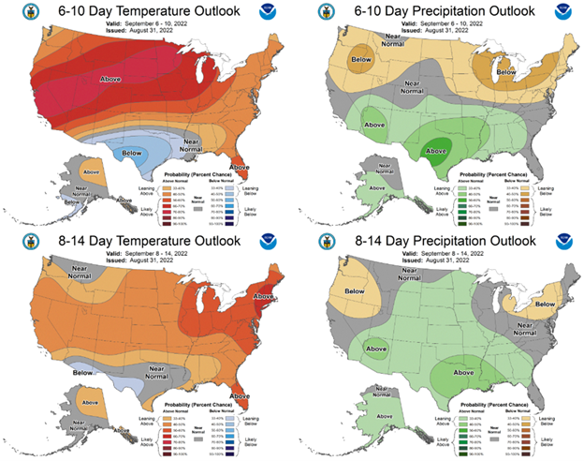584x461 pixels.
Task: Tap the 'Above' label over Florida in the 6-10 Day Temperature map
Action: (241, 167)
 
